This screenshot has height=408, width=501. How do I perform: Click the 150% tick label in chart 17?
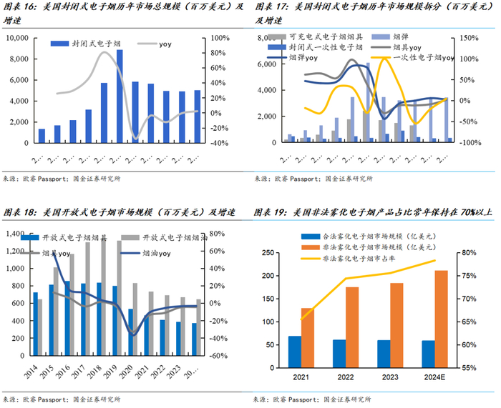pyautogui.click(x=468, y=37)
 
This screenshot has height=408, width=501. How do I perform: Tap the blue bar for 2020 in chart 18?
pyautogui.click(x=130, y=332)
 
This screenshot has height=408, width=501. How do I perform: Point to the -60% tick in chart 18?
pyautogui.click(x=219, y=355)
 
